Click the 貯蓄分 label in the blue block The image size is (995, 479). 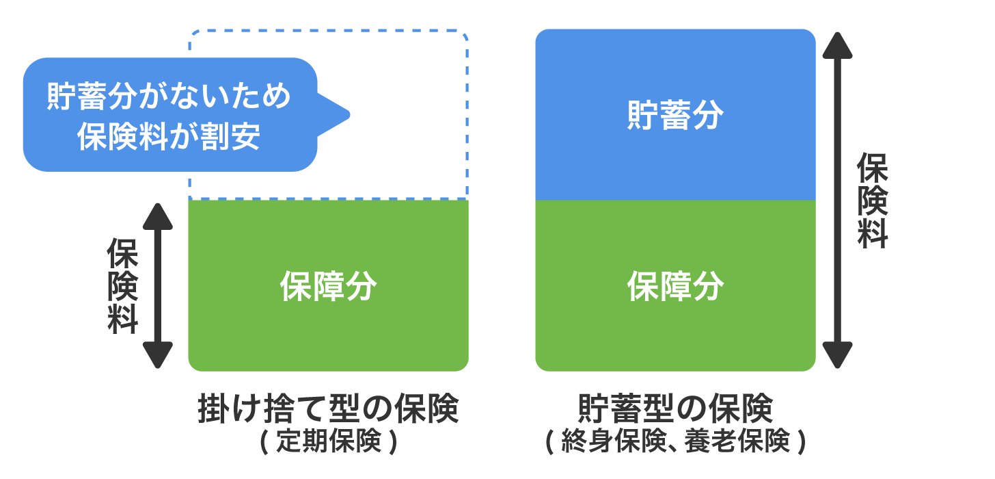pos(675,116)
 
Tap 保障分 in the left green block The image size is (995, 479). pos(328,287)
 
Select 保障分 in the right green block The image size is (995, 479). pos(675,287)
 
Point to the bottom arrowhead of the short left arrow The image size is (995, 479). pos(158,355)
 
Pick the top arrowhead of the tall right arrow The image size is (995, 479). pos(837,46)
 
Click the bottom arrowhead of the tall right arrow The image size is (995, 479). pos(837,355)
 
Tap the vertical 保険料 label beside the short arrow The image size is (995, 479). pos(123,287)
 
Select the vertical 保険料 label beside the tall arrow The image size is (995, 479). pos(872,200)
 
